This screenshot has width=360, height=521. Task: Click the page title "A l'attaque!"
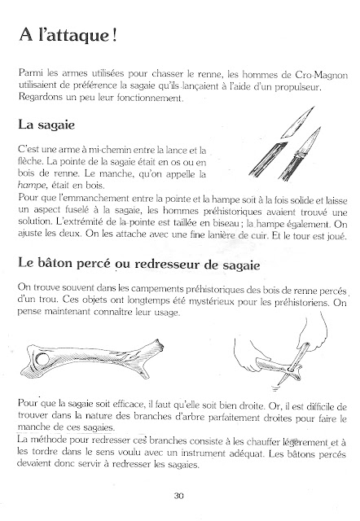[68, 35]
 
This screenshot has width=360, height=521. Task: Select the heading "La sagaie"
[46, 125]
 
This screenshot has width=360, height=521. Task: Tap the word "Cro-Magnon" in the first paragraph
[321, 74]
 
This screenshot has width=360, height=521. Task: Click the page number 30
[179, 496]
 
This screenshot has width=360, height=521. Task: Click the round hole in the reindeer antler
[42, 360]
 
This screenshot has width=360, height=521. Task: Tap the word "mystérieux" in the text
[212, 301]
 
